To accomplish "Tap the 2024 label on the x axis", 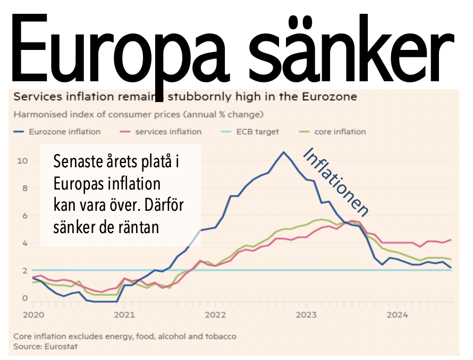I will tap(398, 315).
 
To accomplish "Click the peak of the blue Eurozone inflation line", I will tap(283, 152).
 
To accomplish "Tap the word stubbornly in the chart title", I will tap(202, 97).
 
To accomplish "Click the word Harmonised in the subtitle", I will tap(35, 115).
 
